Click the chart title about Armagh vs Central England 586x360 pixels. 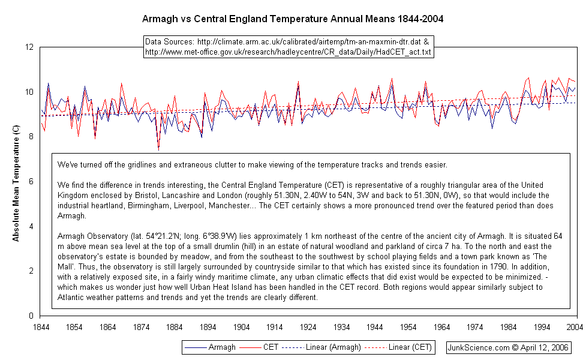point(293,19)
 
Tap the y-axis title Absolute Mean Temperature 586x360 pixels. point(16,182)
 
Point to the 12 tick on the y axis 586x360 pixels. point(29,47)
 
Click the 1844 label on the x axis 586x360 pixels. point(41,327)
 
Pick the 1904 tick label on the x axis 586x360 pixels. point(242,327)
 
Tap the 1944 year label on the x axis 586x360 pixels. point(375,327)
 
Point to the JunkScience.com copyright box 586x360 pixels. point(508,347)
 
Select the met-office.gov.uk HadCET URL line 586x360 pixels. point(288,52)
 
